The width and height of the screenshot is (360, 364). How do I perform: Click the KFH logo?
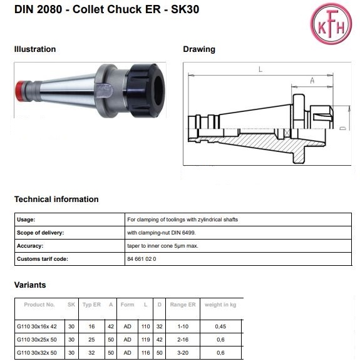point(331,24)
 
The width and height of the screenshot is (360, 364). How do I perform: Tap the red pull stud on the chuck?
point(20,91)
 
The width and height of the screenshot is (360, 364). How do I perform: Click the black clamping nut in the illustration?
point(146,90)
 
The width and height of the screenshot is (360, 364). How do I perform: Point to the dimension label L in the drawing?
point(260,69)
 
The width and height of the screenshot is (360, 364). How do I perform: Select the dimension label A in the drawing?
point(312,81)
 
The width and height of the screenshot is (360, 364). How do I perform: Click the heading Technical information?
point(56,199)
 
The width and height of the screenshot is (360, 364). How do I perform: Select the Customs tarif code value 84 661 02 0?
point(141,259)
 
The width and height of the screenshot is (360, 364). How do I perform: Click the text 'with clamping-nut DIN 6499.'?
point(162,233)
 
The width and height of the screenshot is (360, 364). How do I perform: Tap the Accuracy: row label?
point(30,246)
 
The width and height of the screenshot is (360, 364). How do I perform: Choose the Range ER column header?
point(183,305)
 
